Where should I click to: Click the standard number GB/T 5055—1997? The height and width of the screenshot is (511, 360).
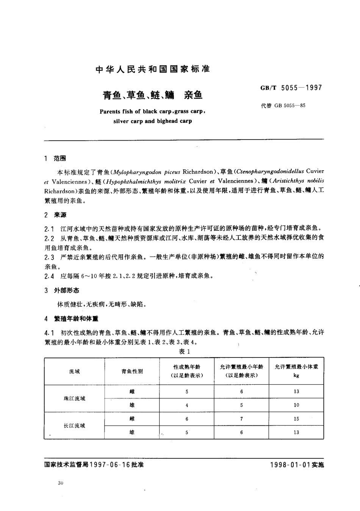pyautogui.click(x=291, y=88)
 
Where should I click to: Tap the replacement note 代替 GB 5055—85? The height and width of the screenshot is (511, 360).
pyautogui.click(x=283, y=106)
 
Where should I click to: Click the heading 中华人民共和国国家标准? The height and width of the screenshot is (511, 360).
pyautogui.click(x=153, y=69)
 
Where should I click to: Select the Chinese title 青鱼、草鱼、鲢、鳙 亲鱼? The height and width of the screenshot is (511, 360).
pyautogui.click(x=153, y=95)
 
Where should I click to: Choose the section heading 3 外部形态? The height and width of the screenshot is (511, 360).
pyautogui.click(x=61, y=290)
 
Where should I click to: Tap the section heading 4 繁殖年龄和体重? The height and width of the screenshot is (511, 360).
pyautogui.click(x=71, y=319)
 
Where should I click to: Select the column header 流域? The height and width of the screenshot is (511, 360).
pyautogui.click(x=75, y=371)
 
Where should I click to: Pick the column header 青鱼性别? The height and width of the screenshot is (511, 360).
pyautogui.click(x=132, y=371)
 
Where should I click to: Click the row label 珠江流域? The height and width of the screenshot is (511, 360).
pyautogui.click(x=75, y=398)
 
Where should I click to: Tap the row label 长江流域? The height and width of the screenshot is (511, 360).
pyautogui.click(x=75, y=426)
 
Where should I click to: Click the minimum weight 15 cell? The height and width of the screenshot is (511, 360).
pyautogui.click(x=296, y=419)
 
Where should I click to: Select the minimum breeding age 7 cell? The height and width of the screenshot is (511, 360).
pyautogui.click(x=241, y=419)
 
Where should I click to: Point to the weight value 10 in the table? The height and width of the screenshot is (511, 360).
pyautogui.click(x=296, y=405)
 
